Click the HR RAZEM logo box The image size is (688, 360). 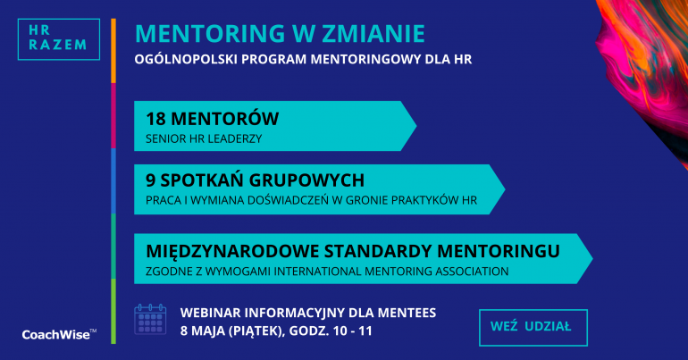coord(59,39)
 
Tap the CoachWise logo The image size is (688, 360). coord(59,335)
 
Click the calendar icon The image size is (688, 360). coord(150,319)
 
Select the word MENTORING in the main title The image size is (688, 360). coord(210,33)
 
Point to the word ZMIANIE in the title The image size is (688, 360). coord(373,33)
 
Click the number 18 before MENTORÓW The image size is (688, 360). coord(155,119)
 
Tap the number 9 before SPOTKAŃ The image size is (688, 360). coord(150,180)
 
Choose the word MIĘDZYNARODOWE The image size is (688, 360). coord(232,251)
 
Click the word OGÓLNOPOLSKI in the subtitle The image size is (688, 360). coord(185,59)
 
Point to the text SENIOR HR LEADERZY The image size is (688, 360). coord(204,139)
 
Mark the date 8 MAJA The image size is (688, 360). coord(202,331)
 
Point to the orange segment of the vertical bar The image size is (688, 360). coord(113,51)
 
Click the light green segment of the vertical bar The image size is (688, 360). coord(113,312)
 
